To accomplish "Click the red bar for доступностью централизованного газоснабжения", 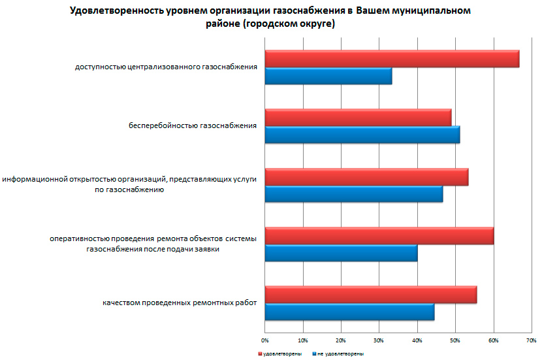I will (392, 59).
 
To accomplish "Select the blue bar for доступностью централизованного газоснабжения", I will (328, 76).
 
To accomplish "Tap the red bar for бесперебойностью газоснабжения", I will (358, 117).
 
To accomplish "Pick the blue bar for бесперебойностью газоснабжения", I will (362, 134).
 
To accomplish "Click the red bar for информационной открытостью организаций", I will (366, 177).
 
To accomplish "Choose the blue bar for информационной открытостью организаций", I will (353, 194).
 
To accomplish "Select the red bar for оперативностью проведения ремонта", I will (379, 236).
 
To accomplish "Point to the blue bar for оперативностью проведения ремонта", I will (341, 253).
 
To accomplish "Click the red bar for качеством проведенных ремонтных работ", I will (370, 295).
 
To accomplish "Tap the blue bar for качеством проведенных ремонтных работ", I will (349, 312).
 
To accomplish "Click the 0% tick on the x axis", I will (265, 340).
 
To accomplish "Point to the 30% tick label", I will (379, 340).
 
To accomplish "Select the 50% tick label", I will (455, 340).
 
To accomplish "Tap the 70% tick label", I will (531, 340).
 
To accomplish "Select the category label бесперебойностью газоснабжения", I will (192, 125).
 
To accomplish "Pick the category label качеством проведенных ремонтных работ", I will (180, 303).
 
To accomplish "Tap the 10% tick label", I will (302, 340).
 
